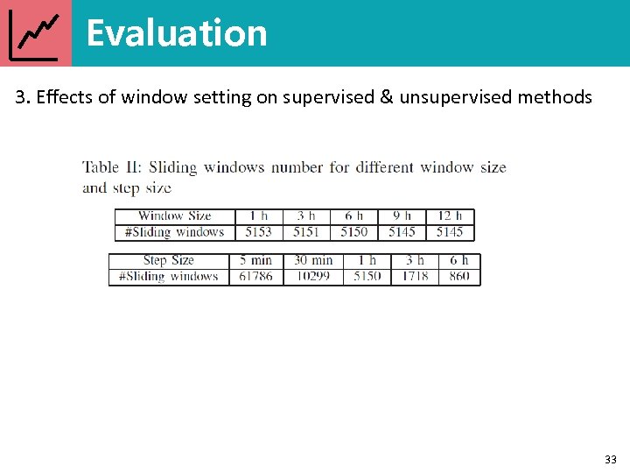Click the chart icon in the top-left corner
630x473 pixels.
point(36,34)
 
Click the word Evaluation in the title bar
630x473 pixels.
point(176,33)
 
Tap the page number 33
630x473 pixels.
point(610,459)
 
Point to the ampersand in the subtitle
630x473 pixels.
point(385,97)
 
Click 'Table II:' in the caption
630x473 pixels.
point(114,167)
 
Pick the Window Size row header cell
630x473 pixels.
point(174,216)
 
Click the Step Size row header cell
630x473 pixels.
point(168,260)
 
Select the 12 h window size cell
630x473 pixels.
point(450,216)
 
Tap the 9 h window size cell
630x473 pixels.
point(402,216)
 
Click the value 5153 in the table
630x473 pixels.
point(258,232)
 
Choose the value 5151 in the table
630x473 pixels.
point(306,232)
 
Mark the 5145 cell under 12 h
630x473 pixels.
point(450,232)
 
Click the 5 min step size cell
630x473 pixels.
point(255,260)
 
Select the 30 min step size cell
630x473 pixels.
point(312,260)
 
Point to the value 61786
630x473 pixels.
point(255,276)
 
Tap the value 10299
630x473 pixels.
point(312,276)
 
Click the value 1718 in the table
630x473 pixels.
point(415,276)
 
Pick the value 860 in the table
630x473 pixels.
point(459,276)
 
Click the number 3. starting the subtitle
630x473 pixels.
point(22,97)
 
